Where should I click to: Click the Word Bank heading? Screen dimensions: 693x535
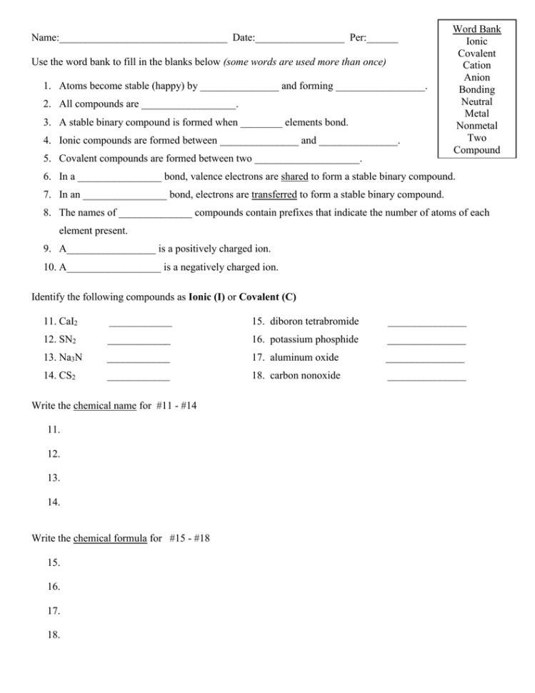click(x=476, y=29)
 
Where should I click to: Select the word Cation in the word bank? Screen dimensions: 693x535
click(x=476, y=65)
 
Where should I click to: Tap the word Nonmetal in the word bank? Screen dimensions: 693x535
click(x=476, y=126)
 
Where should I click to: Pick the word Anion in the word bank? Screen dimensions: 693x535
click(x=476, y=77)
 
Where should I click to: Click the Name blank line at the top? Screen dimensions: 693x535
click(x=143, y=39)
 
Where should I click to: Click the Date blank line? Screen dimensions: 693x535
click(x=299, y=39)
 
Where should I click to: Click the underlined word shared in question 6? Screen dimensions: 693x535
click(x=294, y=176)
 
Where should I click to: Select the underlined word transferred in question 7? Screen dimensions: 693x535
click(x=274, y=194)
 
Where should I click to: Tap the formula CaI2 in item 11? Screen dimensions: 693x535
click(x=69, y=322)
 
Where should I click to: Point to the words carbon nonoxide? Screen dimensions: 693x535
click(x=305, y=376)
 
